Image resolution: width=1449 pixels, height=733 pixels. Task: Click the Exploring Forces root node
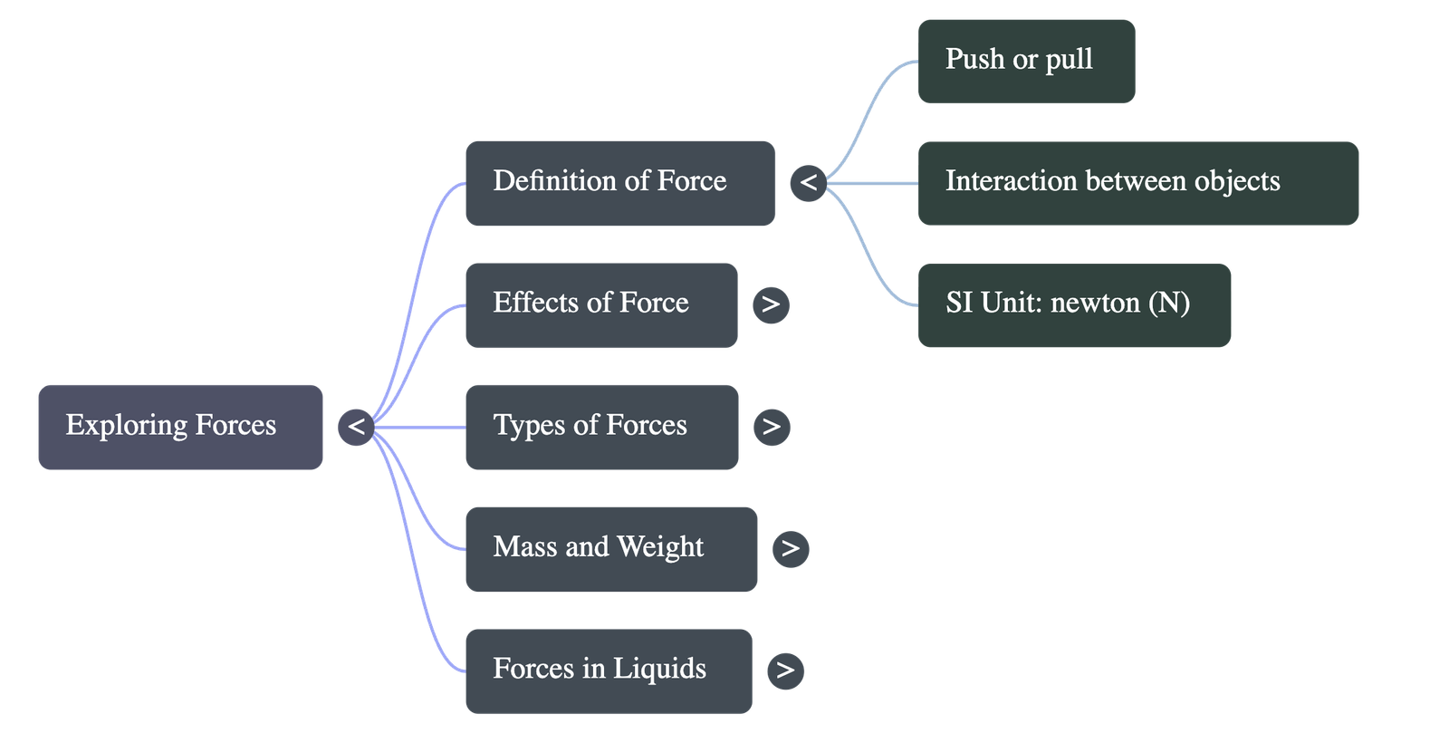tap(180, 426)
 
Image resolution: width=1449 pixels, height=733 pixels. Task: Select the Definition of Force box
tap(619, 182)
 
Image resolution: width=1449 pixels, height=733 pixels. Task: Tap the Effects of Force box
tap(600, 304)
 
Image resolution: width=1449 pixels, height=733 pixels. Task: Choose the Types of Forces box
tap(600, 426)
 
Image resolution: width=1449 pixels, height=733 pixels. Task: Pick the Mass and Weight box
tap(610, 548)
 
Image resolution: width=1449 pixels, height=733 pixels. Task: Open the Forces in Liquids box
tap(608, 670)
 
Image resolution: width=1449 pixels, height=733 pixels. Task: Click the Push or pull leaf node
tap(1026, 61)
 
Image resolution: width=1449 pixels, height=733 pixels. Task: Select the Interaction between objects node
tap(1137, 182)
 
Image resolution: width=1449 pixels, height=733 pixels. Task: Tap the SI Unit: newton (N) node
tap(1074, 304)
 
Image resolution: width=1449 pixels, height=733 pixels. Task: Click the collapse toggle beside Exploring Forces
tap(356, 426)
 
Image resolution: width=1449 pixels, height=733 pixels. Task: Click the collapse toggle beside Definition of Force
tap(808, 182)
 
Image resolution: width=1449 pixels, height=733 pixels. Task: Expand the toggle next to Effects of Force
tap(771, 304)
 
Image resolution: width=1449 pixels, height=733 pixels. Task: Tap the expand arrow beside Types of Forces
tap(771, 426)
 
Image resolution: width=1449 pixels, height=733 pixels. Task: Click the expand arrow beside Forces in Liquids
tap(785, 670)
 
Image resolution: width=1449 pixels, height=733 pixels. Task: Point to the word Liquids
tap(659, 669)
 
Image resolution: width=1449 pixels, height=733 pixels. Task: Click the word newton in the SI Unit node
tap(1095, 303)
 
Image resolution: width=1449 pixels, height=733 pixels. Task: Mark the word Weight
tap(660, 547)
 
